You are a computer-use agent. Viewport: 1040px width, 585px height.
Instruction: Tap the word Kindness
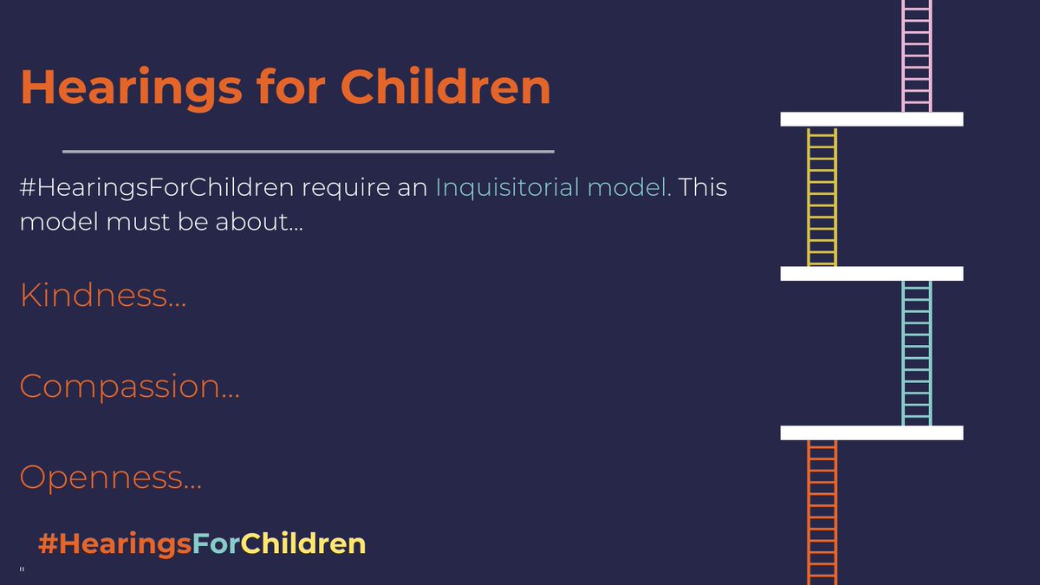[102, 296]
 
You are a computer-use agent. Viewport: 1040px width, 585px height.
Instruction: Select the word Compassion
[129, 386]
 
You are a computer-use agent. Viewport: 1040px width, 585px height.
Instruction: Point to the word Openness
[110, 477]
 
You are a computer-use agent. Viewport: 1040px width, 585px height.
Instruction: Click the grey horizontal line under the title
[308, 152]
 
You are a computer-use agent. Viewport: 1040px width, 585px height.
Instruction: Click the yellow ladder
[822, 197]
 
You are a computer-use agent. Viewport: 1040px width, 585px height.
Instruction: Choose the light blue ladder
[916, 353]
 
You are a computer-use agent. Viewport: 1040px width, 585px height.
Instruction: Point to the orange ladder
[822, 511]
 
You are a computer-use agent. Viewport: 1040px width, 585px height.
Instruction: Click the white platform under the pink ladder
[871, 120]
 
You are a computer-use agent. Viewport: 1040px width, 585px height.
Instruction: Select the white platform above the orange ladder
[871, 432]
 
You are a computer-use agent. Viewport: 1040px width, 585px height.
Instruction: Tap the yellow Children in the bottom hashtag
[303, 543]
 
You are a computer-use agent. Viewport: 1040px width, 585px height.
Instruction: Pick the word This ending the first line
[703, 188]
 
